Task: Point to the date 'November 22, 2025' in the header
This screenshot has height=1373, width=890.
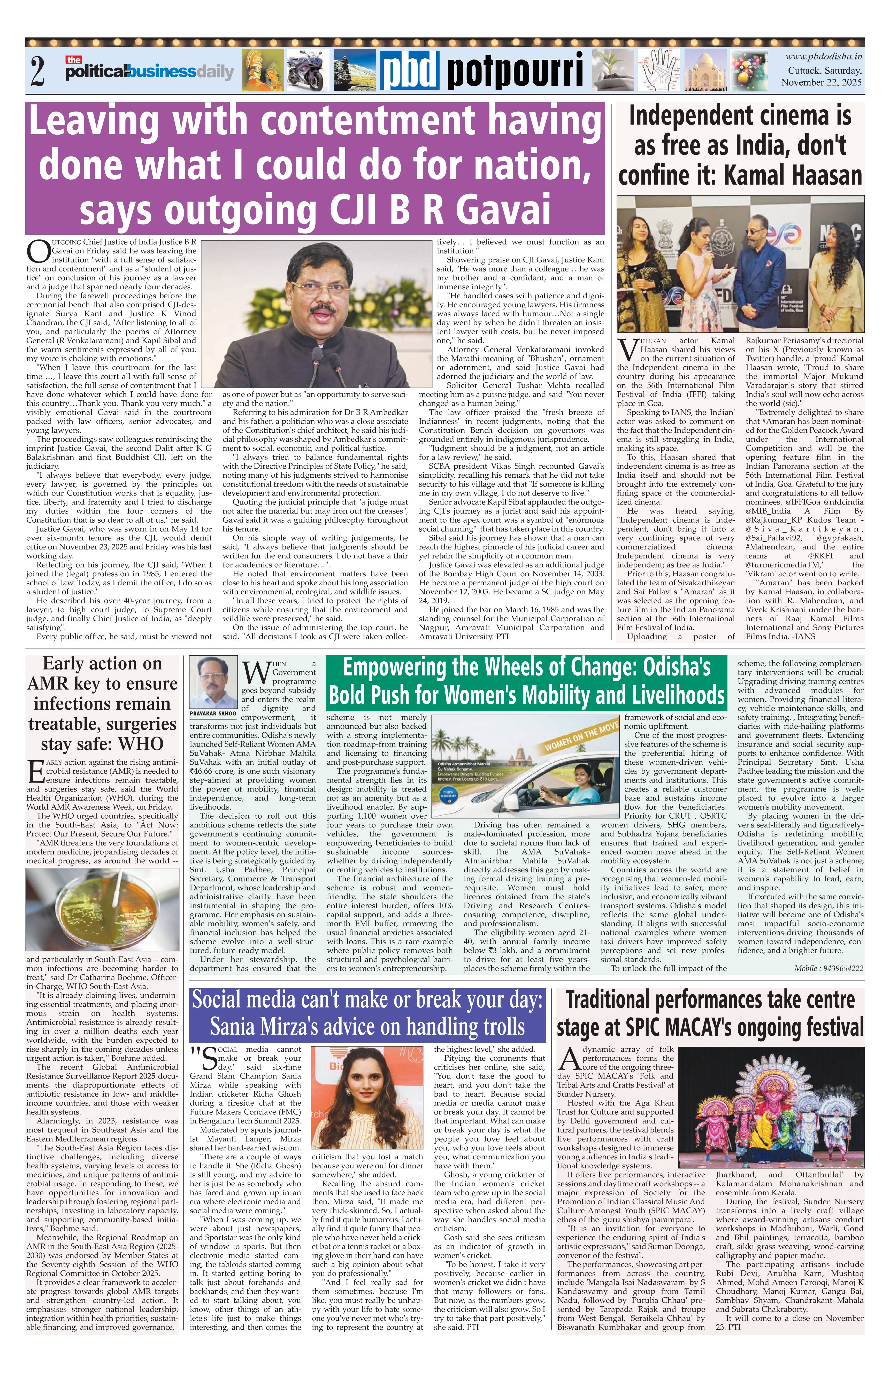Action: (821, 82)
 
